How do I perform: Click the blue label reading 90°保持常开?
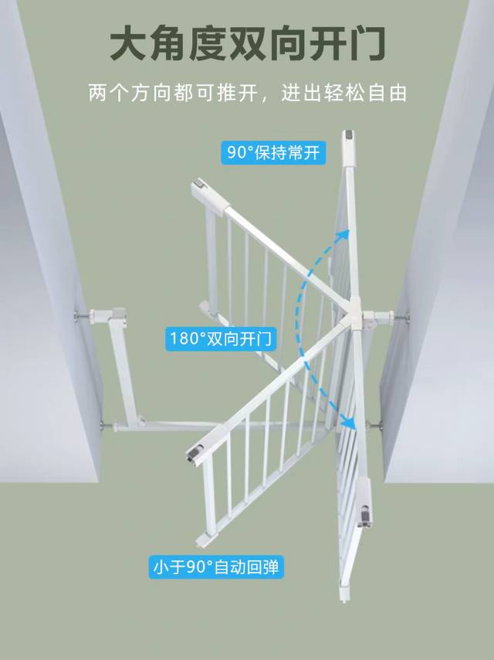(x=273, y=152)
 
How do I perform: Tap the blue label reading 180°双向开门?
(x=221, y=339)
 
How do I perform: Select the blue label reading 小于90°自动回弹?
(x=216, y=567)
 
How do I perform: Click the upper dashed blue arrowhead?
(x=343, y=236)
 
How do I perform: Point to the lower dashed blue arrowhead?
(x=349, y=421)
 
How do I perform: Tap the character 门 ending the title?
(x=366, y=43)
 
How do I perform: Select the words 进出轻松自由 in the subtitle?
(x=344, y=93)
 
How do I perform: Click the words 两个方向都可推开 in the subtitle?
(x=172, y=93)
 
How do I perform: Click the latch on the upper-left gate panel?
(x=199, y=185)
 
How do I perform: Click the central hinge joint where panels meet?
(x=354, y=315)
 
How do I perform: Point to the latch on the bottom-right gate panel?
(x=365, y=515)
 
